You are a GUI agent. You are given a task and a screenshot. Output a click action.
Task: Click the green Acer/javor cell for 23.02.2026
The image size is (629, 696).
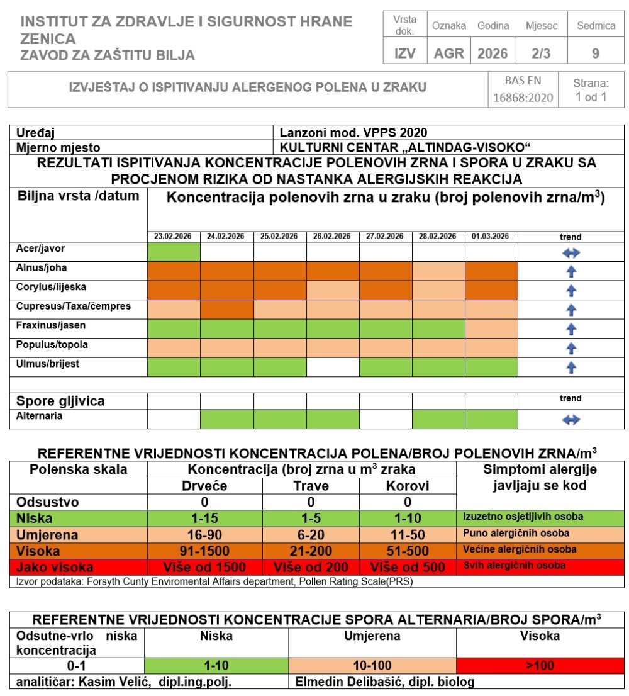(174, 251)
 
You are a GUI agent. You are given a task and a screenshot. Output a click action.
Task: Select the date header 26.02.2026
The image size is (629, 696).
(333, 237)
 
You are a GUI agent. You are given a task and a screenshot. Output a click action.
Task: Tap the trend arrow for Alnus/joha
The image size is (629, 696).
(571, 271)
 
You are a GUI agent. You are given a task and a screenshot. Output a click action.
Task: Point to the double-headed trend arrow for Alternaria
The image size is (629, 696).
(571, 420)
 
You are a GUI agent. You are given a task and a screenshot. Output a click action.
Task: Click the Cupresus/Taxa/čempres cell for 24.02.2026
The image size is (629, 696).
(227, 310)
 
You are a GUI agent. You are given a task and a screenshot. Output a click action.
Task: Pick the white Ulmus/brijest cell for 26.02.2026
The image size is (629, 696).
(333, 367)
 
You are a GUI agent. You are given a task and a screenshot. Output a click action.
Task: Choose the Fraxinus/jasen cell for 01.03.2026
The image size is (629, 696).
(491, 328)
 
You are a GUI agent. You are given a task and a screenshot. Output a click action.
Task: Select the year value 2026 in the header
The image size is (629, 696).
(493, 53)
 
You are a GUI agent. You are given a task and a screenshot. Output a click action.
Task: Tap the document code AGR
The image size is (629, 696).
(449, 53)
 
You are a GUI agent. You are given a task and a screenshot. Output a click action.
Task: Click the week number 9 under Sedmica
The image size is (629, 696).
(595, 53)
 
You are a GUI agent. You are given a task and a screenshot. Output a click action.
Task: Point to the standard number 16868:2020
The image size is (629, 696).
(523, 98)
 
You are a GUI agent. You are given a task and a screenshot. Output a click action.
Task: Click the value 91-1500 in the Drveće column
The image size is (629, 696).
(204, 551)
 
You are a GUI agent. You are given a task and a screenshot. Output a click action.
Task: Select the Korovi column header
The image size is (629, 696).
(408, 486)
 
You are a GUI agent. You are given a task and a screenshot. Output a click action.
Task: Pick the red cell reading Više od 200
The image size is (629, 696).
(311, 567)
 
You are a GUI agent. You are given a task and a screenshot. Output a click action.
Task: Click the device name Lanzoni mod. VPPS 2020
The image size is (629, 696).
(353, 132)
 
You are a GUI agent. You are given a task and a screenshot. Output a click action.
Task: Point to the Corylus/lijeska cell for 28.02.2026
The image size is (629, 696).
(438, 290)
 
